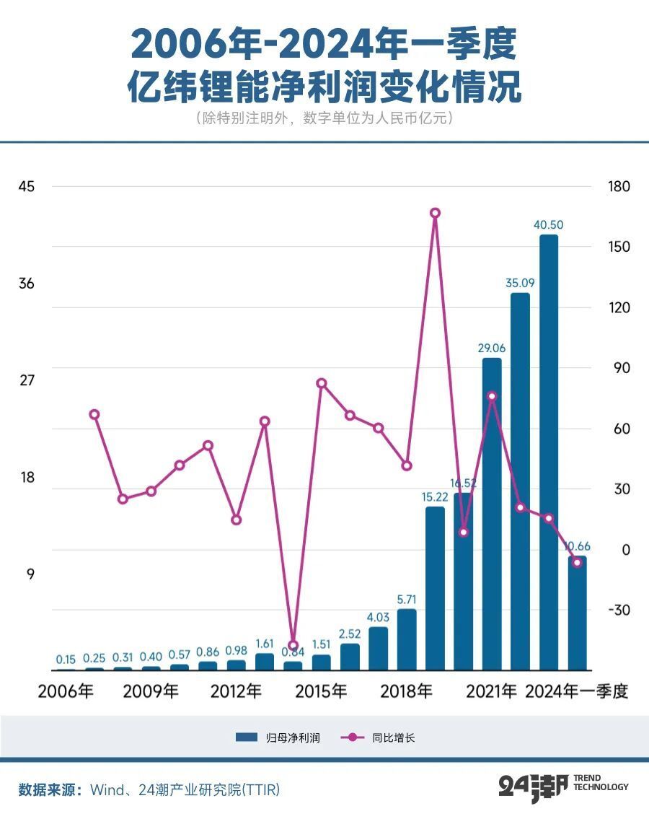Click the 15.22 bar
click(435, 588)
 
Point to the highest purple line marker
click(435, 213)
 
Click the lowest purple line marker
click(293, 645)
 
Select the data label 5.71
click(407, 599)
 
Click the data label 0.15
click(66, 659)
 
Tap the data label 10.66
click(578, 546)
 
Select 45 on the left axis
click(26, 186)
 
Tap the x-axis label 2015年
click(320, 691)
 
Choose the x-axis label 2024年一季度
click(577, 691)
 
